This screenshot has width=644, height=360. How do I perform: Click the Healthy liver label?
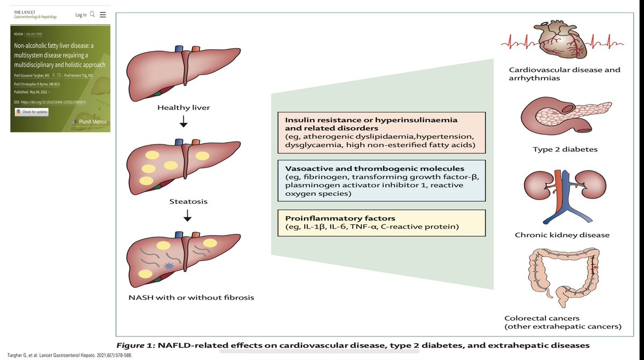(x=184, y=108)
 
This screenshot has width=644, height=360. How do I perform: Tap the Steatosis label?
(x=184, y=203)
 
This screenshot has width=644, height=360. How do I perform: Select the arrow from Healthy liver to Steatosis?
(x=184, y=123)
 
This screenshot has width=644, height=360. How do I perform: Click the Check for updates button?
(x=32, y=112)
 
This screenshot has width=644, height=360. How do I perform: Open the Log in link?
(x=80, y=14)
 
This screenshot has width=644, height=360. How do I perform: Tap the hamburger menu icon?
(x=103, y=14)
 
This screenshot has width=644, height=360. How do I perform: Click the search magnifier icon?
(x=92, y=14)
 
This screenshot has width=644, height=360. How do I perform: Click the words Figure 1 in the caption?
(x=135, y=345)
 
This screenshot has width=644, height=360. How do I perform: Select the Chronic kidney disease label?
(x=562, y=235)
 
